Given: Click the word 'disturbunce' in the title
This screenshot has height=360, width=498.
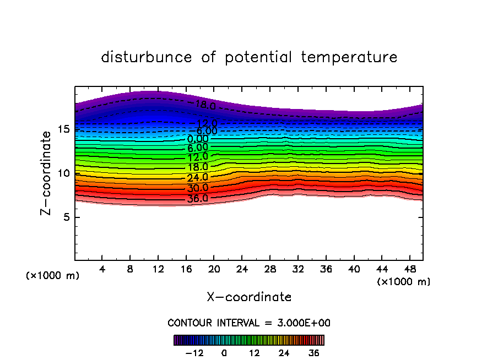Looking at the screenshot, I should coord(147,57).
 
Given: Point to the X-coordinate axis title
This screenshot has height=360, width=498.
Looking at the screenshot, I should coord(249,297).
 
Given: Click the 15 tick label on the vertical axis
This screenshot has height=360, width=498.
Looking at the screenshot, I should coord(63,129).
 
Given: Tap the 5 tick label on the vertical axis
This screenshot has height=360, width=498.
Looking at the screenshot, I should coord(67,217).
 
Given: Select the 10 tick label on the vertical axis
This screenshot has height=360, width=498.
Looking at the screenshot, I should coord(63,173).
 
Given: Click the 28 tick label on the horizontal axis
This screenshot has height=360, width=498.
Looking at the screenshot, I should coord(269,269).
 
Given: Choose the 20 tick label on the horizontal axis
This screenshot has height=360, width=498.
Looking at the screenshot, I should coord(214,269).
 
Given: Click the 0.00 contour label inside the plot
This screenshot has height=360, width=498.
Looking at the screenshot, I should coord(198,139).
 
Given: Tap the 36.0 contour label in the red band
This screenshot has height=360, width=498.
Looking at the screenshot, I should coord(198,198).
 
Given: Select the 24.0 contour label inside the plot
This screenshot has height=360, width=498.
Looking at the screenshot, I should coord(198,177).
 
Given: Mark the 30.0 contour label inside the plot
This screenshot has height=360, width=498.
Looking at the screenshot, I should coord(198,188).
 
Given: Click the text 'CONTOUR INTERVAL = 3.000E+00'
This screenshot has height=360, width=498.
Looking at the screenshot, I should coord(249,323).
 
